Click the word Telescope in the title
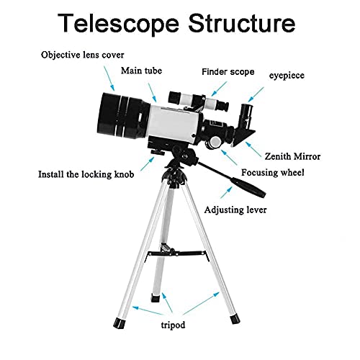click(x=118, y=24)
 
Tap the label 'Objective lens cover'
click(x=83, y=55)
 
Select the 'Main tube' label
click(x=141, y=71)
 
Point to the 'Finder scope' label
click(x=228, y=72)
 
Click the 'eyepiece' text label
click(x=287, y=76)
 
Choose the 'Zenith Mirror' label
click(x=292, y=156)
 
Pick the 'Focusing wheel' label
click(x=273, y=173)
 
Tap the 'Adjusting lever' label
click(x=235, y=210)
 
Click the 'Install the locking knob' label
click(x=86, y=174)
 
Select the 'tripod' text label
click(x=173, y=325)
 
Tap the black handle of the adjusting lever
click(x=248, y=187)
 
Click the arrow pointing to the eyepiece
click(x=256, y=94)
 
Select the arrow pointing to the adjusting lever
click(x=226, y=192)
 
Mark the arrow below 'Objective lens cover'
click(x=109, y=78)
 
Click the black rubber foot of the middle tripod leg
click(x=156, y=298)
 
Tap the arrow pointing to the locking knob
click(x=148, y=163)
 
